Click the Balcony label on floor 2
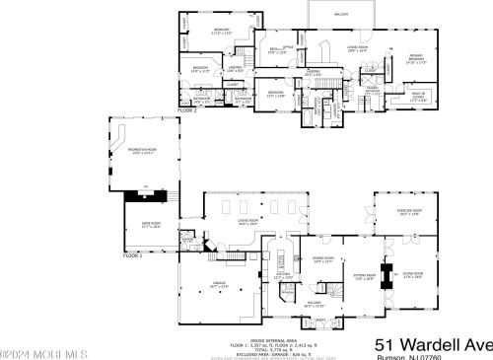341,15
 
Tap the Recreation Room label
145,150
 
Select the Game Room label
150,225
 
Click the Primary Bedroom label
416,57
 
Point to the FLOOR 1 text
133,254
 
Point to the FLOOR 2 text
187,110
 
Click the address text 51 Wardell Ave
434,343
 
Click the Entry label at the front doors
319,320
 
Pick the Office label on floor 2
289,46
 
